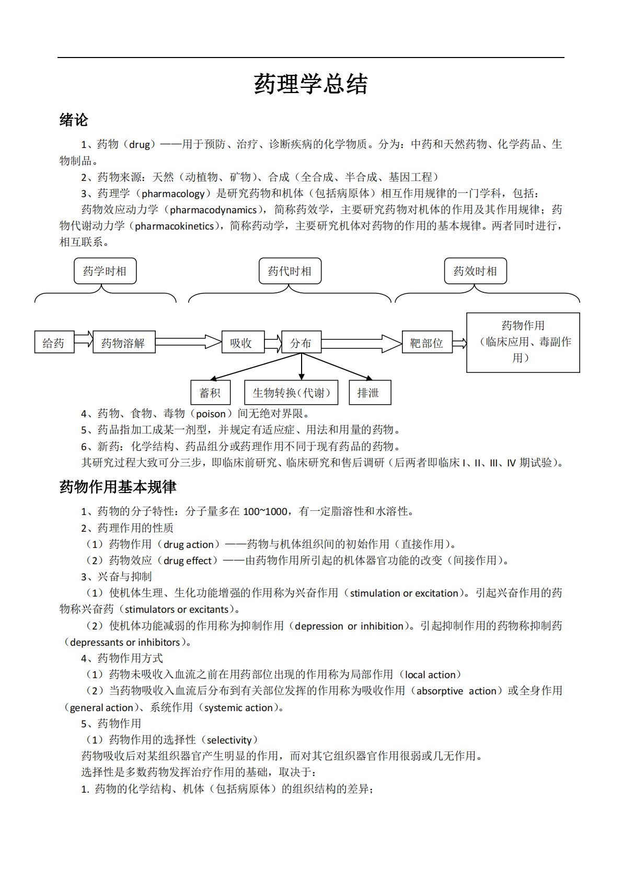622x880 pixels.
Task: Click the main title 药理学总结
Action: (x=311, y=84)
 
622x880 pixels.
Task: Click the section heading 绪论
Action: (x=74, y=120)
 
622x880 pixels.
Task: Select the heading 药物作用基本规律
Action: (x=118, y=487)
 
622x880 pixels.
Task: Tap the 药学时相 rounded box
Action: (x=105, y=271)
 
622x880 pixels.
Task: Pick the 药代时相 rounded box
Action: (x=290, y=271)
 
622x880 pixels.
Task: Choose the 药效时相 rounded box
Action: (x=475, y=271)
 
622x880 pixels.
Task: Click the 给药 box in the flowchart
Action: (x=54, y=342)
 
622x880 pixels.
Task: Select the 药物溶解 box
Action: (x=124, y=342)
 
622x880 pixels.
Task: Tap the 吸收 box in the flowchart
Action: (x=241, y=342)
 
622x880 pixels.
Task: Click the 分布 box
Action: (x=301, y=342)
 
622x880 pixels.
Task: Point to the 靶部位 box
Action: (x=427, y=342)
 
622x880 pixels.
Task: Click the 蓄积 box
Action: (x=210, y=392)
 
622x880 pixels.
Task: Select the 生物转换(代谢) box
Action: (x=291, y=392)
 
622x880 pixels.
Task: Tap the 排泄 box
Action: (x=368, y=392)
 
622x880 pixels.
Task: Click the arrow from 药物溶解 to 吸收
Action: (x=188, y=341)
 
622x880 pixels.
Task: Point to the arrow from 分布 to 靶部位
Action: (x=361, y=343)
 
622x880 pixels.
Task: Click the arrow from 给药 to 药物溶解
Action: (x=83, y=341)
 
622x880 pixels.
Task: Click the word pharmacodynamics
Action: (x=213, y=210)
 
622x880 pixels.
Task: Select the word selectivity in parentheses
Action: (x=229, y=740)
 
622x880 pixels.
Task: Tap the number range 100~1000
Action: (x=265, y=511)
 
